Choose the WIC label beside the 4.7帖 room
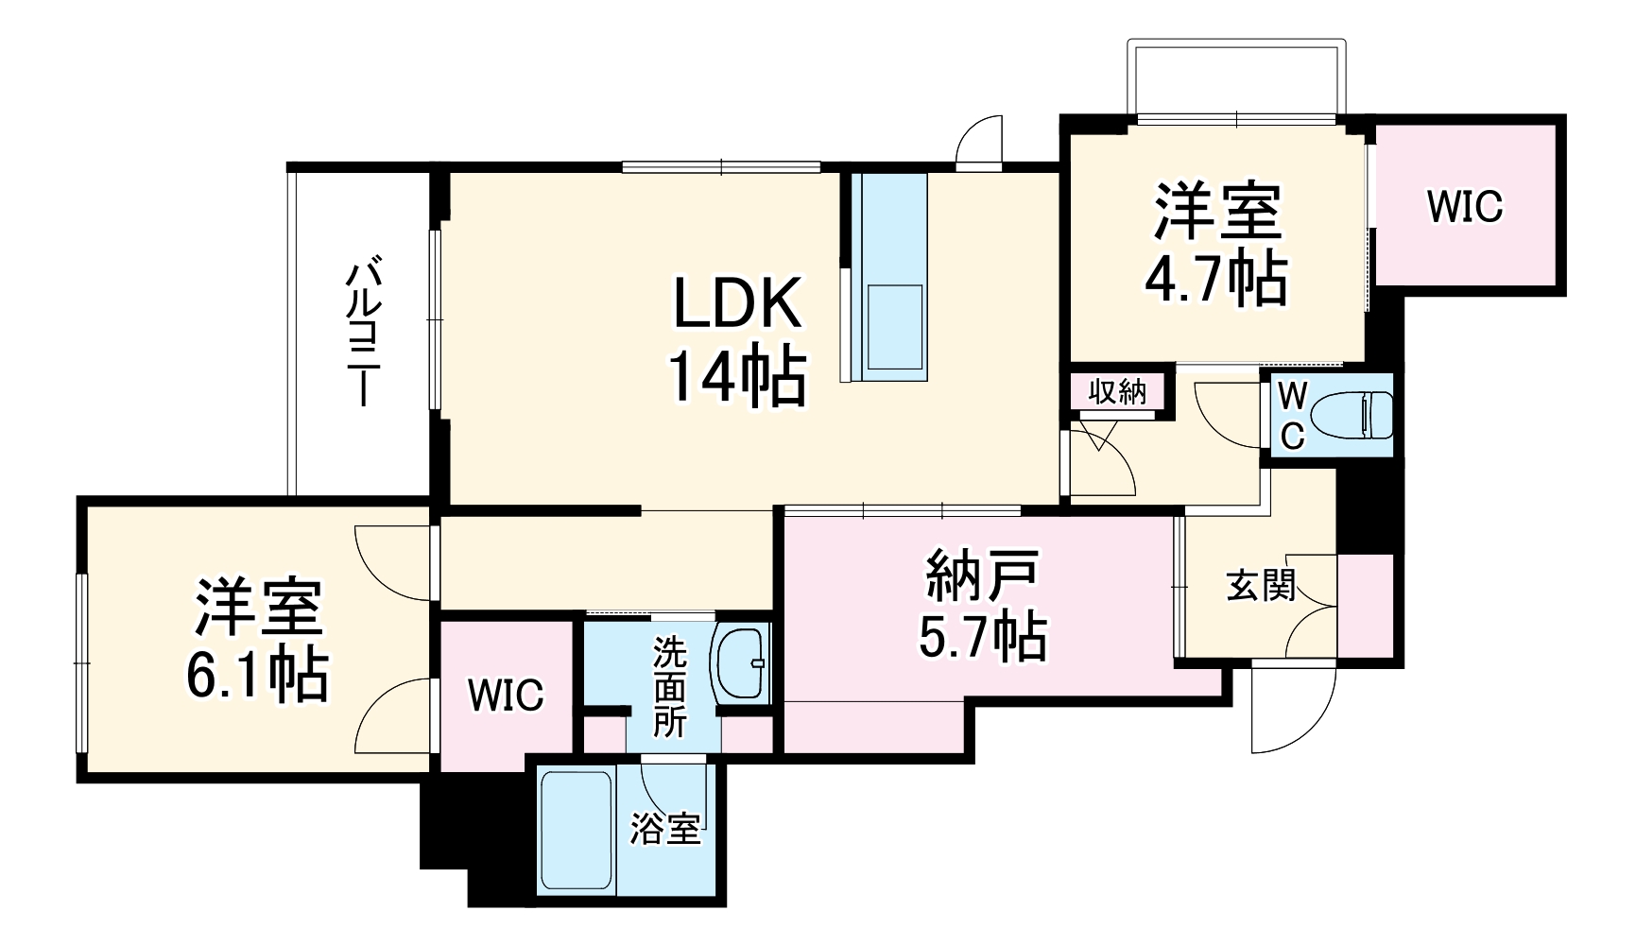pyautogui.click(x=1465, y=207)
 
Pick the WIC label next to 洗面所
pyautogui.click(x=507, y=696)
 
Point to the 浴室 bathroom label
pyautogui.click(x=666, y=830)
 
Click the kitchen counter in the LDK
pyautogui.click(x=888, y=276)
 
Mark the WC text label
pyautogui.click(x=1292, y=417)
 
